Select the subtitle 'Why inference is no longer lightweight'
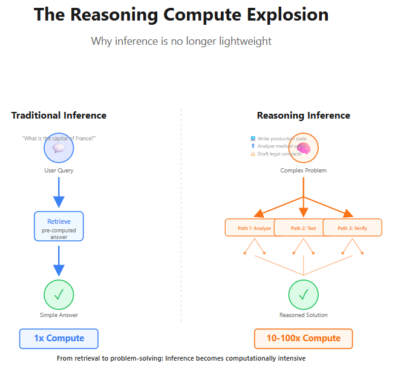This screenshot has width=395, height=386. pos(181,41)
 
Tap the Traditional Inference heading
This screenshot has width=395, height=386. pos(59,115)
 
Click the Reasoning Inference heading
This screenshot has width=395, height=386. pos(303,115)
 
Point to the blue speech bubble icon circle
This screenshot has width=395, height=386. pos(59,148)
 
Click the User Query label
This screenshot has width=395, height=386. pos(59,171)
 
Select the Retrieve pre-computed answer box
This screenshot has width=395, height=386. pos(59,226)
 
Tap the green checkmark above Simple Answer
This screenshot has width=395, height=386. pos(59,295)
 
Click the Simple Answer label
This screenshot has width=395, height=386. pos(59,315)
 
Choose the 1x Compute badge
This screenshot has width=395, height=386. pos(59,338)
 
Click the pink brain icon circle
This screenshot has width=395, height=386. pos(303,148)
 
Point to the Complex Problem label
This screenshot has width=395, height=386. pos(303,171)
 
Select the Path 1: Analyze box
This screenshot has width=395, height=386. pos(250,228)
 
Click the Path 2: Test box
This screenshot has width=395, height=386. pos(303,228)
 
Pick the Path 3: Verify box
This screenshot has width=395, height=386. pos(352,228)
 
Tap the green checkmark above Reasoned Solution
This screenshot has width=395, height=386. pos(303,295)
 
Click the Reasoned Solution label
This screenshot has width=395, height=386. pos(303,315)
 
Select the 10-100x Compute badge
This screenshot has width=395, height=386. pos(303,338)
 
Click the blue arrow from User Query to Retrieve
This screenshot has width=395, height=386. pos(59,192)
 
